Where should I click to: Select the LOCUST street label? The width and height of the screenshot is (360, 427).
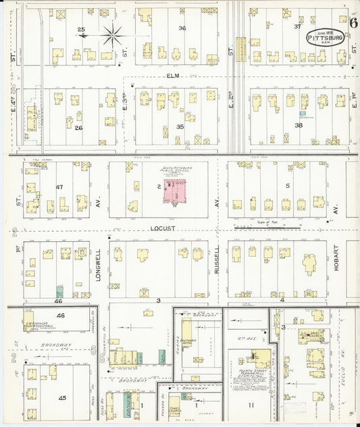pos(166,229)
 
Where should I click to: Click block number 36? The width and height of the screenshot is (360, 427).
pos(181,28)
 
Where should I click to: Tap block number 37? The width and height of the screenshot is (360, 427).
pos(297,26)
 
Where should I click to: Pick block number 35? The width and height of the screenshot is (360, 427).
pos(180,126)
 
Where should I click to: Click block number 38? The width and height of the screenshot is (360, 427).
pos(298,126)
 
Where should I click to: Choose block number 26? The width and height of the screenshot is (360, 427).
pos(78,128)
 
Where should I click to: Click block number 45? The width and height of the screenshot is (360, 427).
pos(62,398)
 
